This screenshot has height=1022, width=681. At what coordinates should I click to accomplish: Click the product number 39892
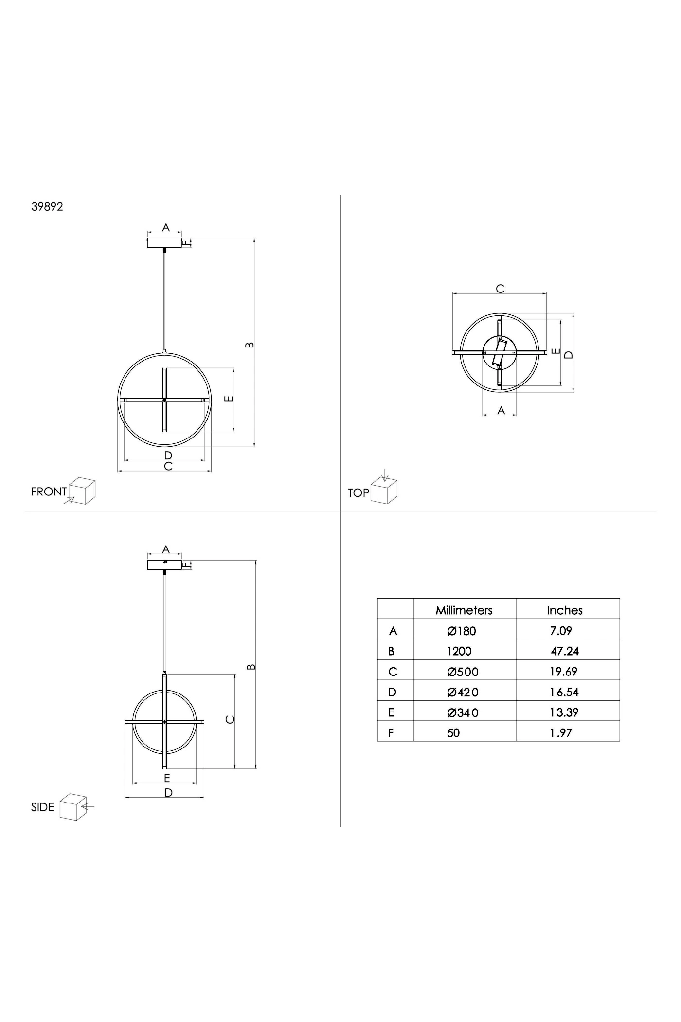click(47, 206)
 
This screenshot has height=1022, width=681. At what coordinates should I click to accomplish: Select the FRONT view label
click(49, 492)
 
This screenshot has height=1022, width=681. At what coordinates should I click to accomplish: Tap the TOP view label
click(358, 493)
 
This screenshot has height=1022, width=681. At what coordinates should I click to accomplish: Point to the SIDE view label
click(42, 807)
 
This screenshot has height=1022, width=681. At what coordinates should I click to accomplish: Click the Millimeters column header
click(464, 610)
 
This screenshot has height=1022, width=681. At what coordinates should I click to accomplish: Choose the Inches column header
click(565, 610)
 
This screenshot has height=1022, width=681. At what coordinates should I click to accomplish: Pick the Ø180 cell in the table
click(462, 631)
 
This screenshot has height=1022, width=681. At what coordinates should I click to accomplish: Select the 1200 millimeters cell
click(459, 652)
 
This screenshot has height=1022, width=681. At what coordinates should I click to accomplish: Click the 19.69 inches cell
click(564, 672)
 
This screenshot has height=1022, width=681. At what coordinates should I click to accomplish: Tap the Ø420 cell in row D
click(463, 693)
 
